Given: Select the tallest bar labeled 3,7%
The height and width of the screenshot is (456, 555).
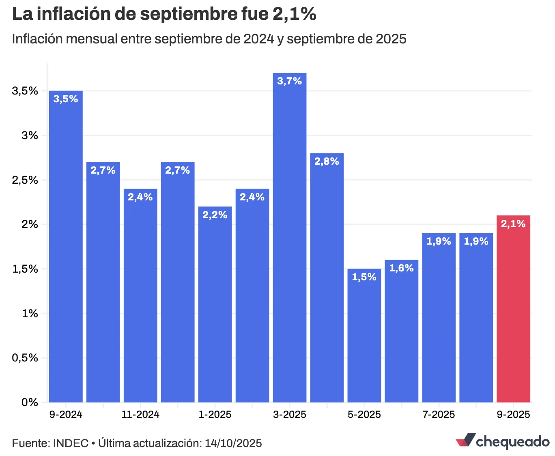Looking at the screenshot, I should [x=289, y=243].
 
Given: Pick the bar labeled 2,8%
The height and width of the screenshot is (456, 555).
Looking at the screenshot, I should [x=327, y=284].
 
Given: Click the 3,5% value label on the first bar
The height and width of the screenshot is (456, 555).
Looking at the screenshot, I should [x=66, y=99].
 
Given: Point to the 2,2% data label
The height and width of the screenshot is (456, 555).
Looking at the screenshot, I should [x=215, y=215].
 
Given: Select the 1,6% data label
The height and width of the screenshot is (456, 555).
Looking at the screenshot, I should [x=401, y=268].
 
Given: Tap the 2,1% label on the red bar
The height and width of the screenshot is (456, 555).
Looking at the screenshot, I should [x=513, y=224].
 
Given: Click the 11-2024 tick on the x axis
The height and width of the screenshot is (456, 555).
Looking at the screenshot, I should [x=140, y=415].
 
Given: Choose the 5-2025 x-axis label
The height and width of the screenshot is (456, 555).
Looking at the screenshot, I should [x=364, y=415].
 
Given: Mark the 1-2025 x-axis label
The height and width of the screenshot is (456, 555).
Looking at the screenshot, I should [x=215, y=415].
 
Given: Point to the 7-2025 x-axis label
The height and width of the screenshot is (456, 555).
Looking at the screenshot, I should [x=439, y=415].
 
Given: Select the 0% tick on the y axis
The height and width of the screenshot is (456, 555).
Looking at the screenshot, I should [x=30, y=402].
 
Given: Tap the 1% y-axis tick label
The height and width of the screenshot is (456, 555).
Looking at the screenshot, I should [x=30, y=314].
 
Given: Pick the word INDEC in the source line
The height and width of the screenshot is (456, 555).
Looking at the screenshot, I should [x=71, y=443].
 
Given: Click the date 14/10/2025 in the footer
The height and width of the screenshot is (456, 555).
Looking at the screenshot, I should [x=233, y=443].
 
